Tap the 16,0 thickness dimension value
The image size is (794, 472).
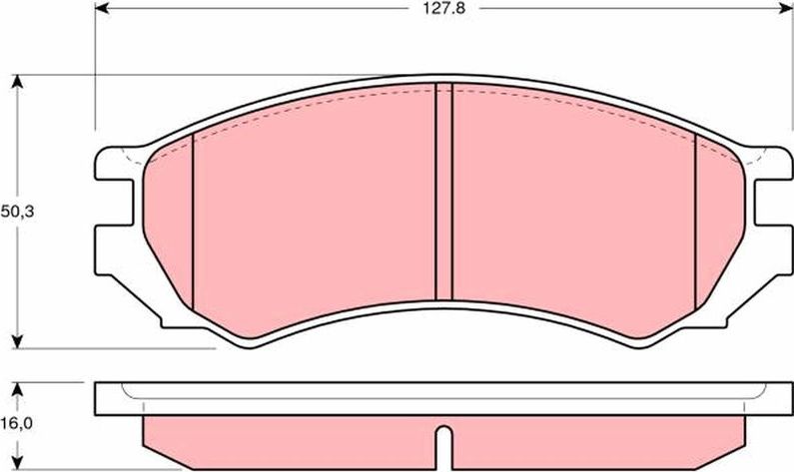[15, 424]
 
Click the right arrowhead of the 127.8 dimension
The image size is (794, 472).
[782, 7]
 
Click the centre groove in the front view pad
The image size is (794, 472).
[444, 190]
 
